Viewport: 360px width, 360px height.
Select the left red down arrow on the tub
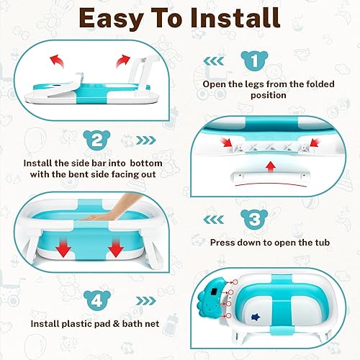(63, 250)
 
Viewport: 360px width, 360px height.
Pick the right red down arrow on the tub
(114, 250)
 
